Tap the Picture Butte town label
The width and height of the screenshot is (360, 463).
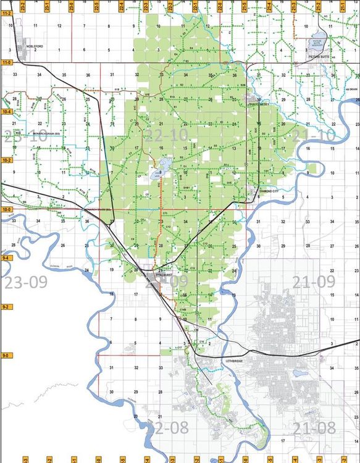click(320, 56)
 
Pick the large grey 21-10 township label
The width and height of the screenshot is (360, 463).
click(312, 135)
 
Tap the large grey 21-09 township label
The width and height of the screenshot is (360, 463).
click(313, 283)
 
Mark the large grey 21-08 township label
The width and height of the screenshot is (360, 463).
click(313, 428)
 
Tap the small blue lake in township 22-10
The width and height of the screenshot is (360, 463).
click(165, 165)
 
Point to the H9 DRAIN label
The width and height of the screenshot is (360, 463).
click(351, 89)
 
